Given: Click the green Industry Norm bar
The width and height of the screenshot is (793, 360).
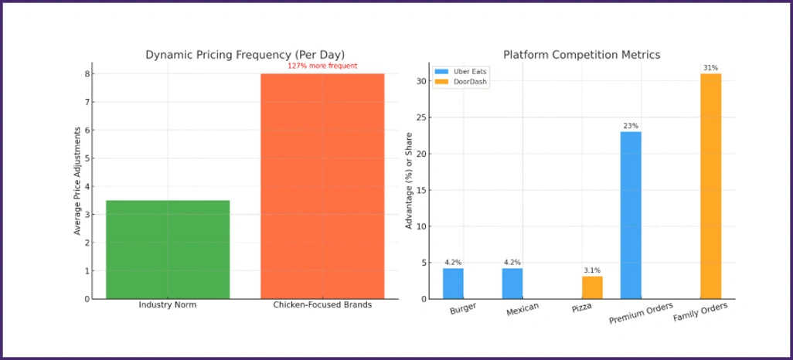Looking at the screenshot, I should click(168, 250).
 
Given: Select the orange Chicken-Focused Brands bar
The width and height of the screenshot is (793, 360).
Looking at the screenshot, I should click(322, 186).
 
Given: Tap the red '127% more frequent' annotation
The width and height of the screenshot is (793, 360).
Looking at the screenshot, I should click(322, 66).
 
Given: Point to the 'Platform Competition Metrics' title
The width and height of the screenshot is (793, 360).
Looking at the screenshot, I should click(581, 55).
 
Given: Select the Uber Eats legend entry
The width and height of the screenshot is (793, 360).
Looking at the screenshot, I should click(461, 72).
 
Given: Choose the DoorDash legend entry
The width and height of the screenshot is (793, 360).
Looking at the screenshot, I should click(461, 81).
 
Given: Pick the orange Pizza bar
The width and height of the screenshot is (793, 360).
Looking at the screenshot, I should click(592, 287).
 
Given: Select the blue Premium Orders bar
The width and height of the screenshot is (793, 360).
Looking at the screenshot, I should click(631, 215).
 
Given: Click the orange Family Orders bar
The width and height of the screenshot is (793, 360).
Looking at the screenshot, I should click(710, 186).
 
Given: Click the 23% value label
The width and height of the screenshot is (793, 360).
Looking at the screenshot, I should click(631, 126).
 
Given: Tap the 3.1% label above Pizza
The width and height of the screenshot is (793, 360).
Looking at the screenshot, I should click(592, 270).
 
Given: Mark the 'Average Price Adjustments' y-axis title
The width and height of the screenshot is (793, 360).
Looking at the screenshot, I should click(77, 182).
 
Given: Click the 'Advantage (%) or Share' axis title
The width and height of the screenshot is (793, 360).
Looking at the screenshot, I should click(409, 182).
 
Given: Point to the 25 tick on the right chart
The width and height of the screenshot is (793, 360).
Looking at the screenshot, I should click(420, 117).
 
